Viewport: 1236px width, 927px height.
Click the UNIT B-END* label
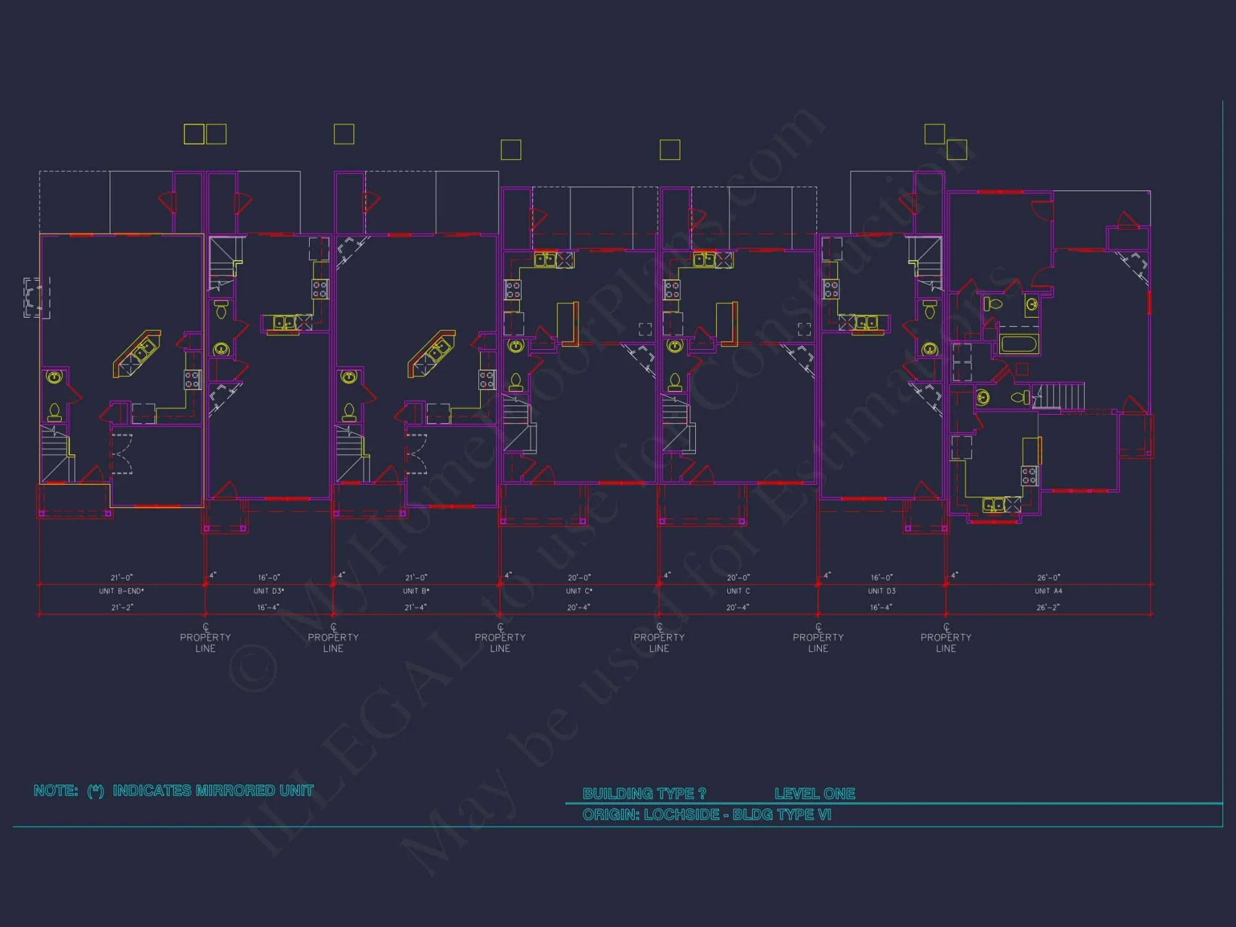[121, 591]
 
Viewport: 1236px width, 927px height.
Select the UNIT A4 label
[1048, 591]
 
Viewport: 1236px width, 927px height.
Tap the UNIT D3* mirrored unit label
[269, 591]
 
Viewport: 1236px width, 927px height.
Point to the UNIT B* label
[416, 591]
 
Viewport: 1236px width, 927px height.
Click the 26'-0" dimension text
[1048, 578]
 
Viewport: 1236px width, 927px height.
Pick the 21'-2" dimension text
[122, 607]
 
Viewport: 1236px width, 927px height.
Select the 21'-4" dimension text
[416, 607]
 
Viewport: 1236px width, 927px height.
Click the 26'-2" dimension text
[1048, 607]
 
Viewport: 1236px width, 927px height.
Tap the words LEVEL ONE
[815, 794]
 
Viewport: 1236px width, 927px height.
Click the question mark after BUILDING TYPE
[701, 794]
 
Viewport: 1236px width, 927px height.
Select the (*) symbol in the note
[96, 791]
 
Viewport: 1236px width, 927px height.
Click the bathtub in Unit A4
[1018, 344]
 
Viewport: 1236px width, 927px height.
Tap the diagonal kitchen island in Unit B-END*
[137, 353]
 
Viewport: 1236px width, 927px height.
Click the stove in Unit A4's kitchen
[1029, 476]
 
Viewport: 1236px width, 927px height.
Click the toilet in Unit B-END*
[54, 412]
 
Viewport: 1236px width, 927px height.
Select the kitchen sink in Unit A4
[993, 506]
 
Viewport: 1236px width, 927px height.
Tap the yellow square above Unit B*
[344, 134]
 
